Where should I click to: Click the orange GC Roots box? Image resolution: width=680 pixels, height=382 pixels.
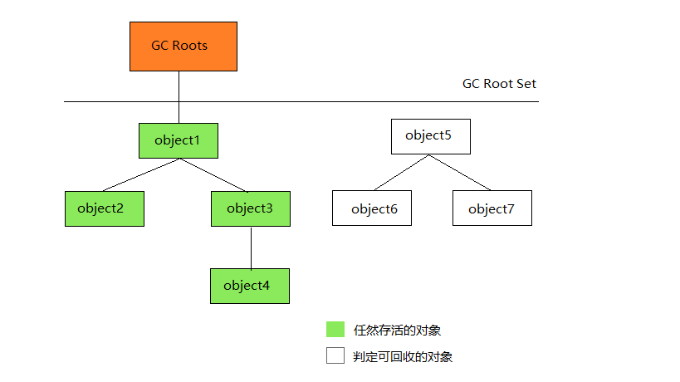[x=183, y=47]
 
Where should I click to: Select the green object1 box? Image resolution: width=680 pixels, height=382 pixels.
[x=179, y=140]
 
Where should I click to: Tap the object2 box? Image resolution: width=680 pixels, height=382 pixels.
[x=105, y=208]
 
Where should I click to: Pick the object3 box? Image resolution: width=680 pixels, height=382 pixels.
[x=251, y=208]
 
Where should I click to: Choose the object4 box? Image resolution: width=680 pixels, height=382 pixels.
[x=250, y=286]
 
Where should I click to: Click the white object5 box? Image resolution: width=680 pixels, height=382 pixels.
[x=431, y=136]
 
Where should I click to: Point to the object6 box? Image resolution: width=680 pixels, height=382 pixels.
[x=372, y=208]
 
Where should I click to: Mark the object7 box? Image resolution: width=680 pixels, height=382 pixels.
[x=492, y=208]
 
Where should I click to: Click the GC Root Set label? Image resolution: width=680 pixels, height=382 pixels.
[x=499, y=83]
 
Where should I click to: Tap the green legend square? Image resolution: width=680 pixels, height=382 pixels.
[x=335, y=329]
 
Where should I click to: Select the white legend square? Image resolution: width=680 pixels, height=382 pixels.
[x=335, y=355]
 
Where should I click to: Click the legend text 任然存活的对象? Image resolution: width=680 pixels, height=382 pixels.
[x=397, y=331]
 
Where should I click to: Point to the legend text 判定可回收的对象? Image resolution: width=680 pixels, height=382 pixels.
[x=403, y=357]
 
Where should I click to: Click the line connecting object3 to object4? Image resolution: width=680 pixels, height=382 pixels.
[x=251, y=247]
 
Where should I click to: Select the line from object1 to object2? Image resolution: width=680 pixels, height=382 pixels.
[x=141, y=174]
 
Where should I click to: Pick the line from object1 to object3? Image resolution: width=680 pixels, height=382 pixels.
[x=213, y=174]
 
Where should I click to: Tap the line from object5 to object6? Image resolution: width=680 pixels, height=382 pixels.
[x=402, y=172]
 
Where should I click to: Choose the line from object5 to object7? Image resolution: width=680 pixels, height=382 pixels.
[x=460, y=172]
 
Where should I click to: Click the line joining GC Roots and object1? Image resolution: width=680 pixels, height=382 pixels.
[x=179, y=97]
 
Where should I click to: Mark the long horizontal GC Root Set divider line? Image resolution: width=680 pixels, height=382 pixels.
[x=301, y=101]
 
